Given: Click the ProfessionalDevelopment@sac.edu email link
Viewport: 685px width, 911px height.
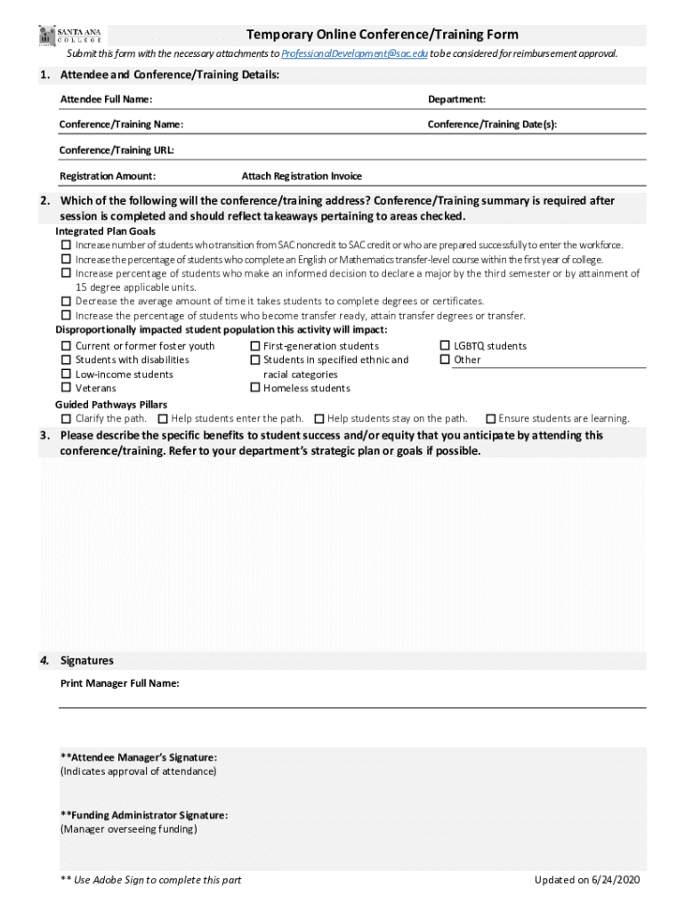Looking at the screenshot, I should point(354,53).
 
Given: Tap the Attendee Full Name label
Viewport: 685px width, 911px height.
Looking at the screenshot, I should point(106,99).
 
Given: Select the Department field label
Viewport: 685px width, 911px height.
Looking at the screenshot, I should point(456,99).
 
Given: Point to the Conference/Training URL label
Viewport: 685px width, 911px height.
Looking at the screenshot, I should point(117,149).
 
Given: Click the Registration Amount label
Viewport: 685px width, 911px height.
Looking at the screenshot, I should point(108,176).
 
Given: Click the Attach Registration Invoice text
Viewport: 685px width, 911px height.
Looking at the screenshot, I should point(302,176).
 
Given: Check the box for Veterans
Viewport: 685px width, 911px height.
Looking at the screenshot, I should point(66,388).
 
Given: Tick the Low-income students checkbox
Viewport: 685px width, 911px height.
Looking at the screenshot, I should point(66,374).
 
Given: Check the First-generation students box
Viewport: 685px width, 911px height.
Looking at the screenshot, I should point(255,346).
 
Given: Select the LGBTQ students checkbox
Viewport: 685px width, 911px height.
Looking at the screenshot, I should point(446,346).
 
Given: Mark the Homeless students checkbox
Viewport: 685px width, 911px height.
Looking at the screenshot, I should point(255,388).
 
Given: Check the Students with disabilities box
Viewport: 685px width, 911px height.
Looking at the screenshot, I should point(66,359).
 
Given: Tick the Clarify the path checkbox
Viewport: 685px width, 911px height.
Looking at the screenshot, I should point(66,418).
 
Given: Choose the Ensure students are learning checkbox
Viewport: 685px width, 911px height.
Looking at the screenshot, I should point(490,418).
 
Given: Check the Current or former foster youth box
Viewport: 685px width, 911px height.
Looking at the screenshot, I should point(66,346).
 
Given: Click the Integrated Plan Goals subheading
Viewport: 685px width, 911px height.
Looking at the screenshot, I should point(105,231).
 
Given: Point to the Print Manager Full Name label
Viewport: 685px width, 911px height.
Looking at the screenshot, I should point(120,683).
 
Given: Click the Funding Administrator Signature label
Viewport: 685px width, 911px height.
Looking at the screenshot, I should point(144,815).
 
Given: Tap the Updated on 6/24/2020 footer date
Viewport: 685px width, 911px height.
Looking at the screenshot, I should point(586,880).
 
